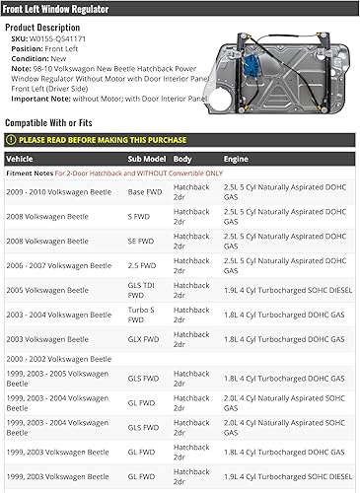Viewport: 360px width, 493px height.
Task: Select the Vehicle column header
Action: click(x=20, y=158)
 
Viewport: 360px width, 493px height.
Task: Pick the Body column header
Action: click(x=183, y=158)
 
